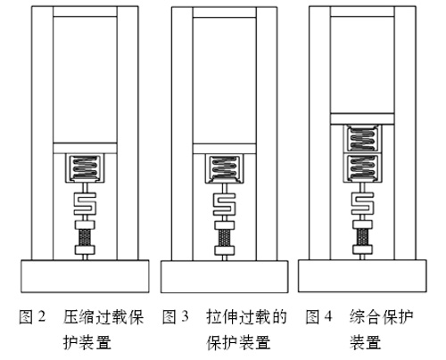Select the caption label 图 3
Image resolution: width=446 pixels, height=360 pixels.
point(176,316)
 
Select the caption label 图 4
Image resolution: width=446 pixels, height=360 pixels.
point(318,316)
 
